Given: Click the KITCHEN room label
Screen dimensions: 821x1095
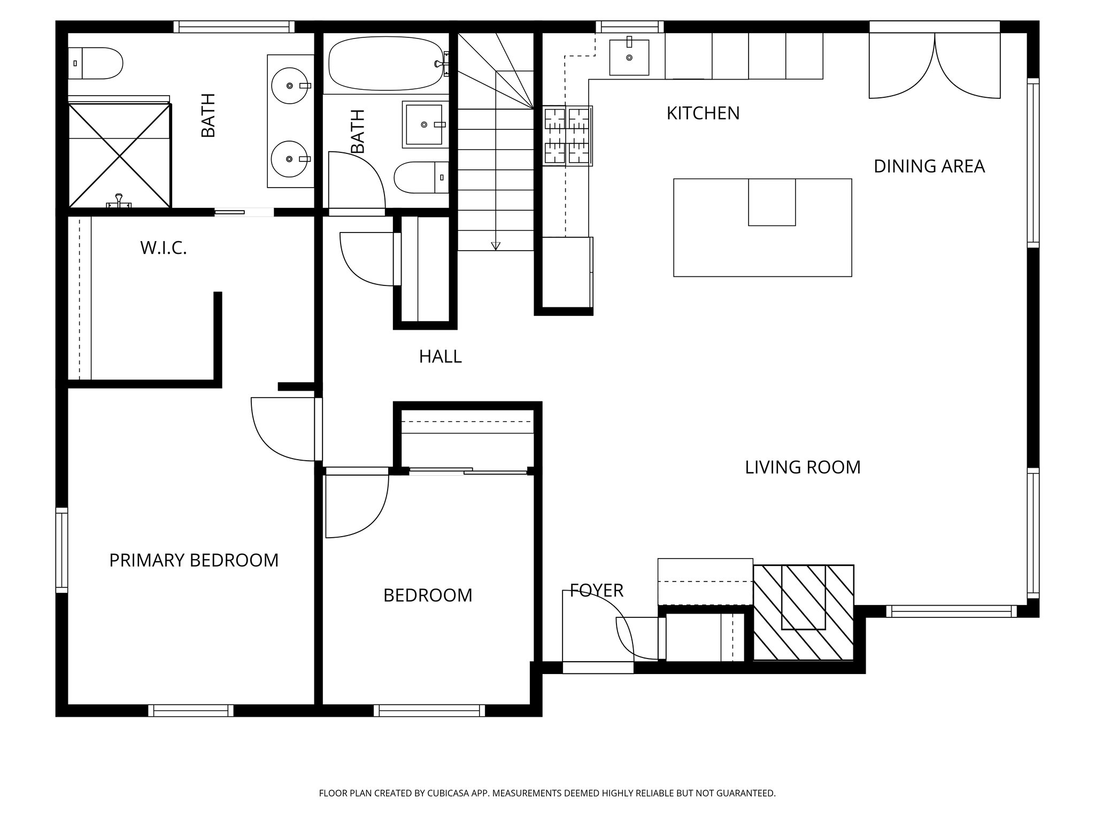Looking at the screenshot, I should [703, 113].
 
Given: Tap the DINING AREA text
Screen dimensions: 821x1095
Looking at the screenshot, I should [929, 166].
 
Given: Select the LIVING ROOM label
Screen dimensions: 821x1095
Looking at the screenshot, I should [802, 467].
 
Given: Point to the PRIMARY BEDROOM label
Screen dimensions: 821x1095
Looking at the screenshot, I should [194, 560].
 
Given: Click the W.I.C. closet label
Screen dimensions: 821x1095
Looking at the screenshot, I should [163, 248].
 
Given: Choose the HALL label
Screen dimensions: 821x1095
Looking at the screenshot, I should [439, 357].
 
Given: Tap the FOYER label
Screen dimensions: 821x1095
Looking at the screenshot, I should [596, 590].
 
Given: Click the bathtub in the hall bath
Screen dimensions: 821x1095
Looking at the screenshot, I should [385, 63].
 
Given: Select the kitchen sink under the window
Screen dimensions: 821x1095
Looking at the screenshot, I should [629, 57].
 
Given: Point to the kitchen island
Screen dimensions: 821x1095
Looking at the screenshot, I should [762, 228].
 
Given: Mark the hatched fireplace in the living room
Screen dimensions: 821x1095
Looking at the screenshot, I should [803, 613].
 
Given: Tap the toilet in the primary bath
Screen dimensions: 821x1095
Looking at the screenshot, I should [96, 63].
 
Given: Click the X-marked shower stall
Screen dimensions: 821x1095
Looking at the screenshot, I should [120, 155].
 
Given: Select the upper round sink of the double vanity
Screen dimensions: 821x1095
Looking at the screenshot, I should [289, 86].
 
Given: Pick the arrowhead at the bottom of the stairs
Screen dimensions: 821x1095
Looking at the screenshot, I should [495, 246].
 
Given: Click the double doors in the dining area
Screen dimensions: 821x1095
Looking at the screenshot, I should [934, 66].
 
